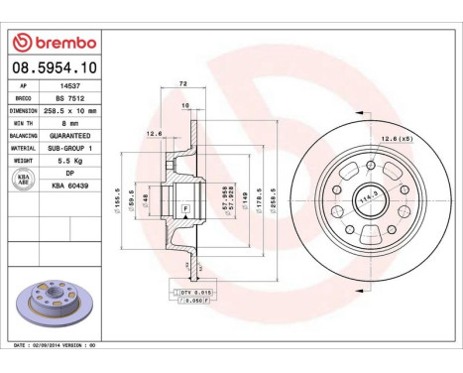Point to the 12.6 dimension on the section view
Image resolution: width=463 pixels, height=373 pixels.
tap(154, 133)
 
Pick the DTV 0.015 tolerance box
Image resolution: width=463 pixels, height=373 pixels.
tap(197, 292)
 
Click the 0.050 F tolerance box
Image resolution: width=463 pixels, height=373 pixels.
tap(197, 303)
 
